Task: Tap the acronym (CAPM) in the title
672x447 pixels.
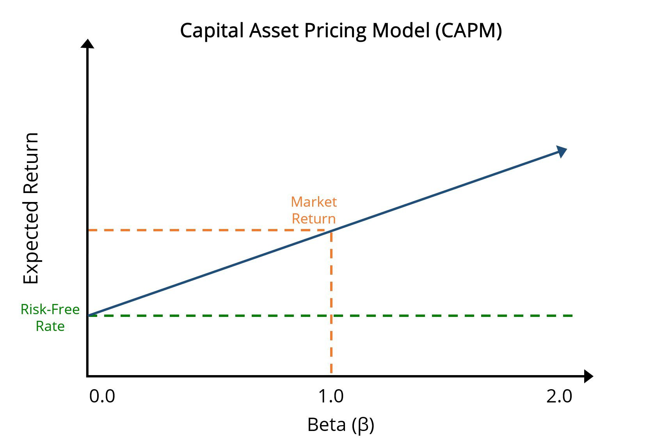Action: pos(469,30)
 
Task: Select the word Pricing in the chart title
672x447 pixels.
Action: pos(336,30)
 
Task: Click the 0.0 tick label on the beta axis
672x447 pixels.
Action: pos(102,396)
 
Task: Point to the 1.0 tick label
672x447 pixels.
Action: pos(331,396)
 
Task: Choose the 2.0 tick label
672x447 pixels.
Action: pos(559,396)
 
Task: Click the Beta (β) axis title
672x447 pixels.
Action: pos(341,425)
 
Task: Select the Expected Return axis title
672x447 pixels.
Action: pos(31,208)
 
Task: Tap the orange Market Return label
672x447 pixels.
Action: pos(314,210)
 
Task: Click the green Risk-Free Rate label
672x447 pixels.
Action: pos(50,317)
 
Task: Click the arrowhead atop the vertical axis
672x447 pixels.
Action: pos(87,44)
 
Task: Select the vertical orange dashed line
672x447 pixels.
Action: pos(331,274)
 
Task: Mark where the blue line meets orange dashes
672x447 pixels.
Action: pos(331,231)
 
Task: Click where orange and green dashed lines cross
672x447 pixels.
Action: pos(331,315)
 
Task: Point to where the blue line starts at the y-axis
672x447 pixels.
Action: pos(88,315)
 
